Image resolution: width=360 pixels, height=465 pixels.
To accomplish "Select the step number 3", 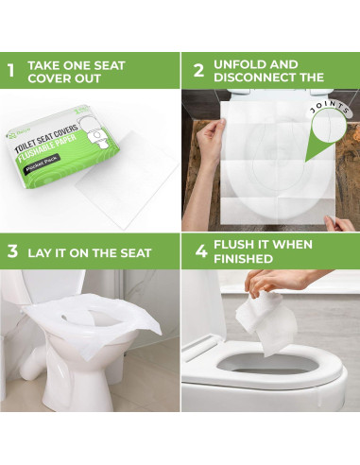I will [x=12, y=252].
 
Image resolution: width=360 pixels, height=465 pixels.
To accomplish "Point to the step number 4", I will [x=198, y=252].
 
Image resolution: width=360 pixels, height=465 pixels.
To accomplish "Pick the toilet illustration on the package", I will [x=107, y=143].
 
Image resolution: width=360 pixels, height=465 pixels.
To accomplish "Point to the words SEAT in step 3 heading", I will [x=129, y=252].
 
